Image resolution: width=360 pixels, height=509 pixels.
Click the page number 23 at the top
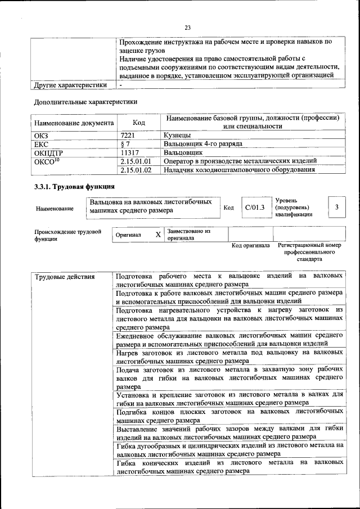[x=188, y=27]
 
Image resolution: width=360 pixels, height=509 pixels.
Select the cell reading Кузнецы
[x=177, y=135]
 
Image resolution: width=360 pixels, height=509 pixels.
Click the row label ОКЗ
[x=42, y=135]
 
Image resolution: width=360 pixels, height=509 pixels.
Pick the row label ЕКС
[x=42, y=144]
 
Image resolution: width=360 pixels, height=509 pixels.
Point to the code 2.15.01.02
[x=136, y=170]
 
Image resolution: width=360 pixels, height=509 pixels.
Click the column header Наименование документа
[x=74, y=123]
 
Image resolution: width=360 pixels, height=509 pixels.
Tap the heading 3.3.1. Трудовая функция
[x=74, y=186]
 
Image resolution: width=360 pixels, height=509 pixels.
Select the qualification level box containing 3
[x=336, y=208]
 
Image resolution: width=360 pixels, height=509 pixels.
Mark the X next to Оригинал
[x=158, y=234]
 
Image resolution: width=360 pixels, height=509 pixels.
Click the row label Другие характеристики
[x=70, y=85]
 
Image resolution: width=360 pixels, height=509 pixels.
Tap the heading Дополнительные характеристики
[x=85, y=102]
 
